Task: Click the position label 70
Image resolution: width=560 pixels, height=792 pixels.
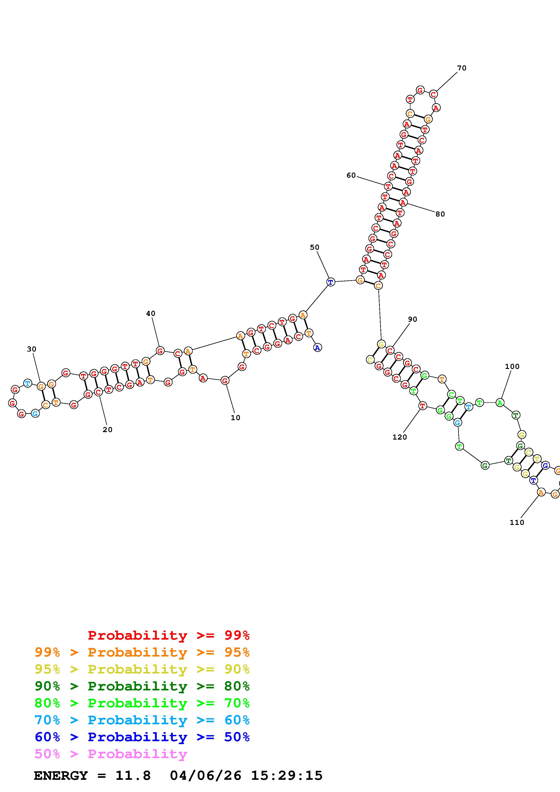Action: coord(462,68)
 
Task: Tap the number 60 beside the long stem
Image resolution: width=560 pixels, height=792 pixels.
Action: coord(351,176)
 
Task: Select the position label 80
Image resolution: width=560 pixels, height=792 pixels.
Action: coord(440,214)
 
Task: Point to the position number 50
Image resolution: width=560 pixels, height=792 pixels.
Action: coord(314,247)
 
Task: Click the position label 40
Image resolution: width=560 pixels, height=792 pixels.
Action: coord(150,314)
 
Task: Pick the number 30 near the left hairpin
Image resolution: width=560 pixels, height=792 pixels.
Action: coord(31,349)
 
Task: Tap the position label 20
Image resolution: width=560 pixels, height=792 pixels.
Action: coord(107,430)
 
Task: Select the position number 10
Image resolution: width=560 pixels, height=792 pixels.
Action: coord(235,418)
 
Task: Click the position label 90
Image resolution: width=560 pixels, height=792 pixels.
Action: coord(412,319)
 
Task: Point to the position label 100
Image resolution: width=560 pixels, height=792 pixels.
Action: coord(512,367)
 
